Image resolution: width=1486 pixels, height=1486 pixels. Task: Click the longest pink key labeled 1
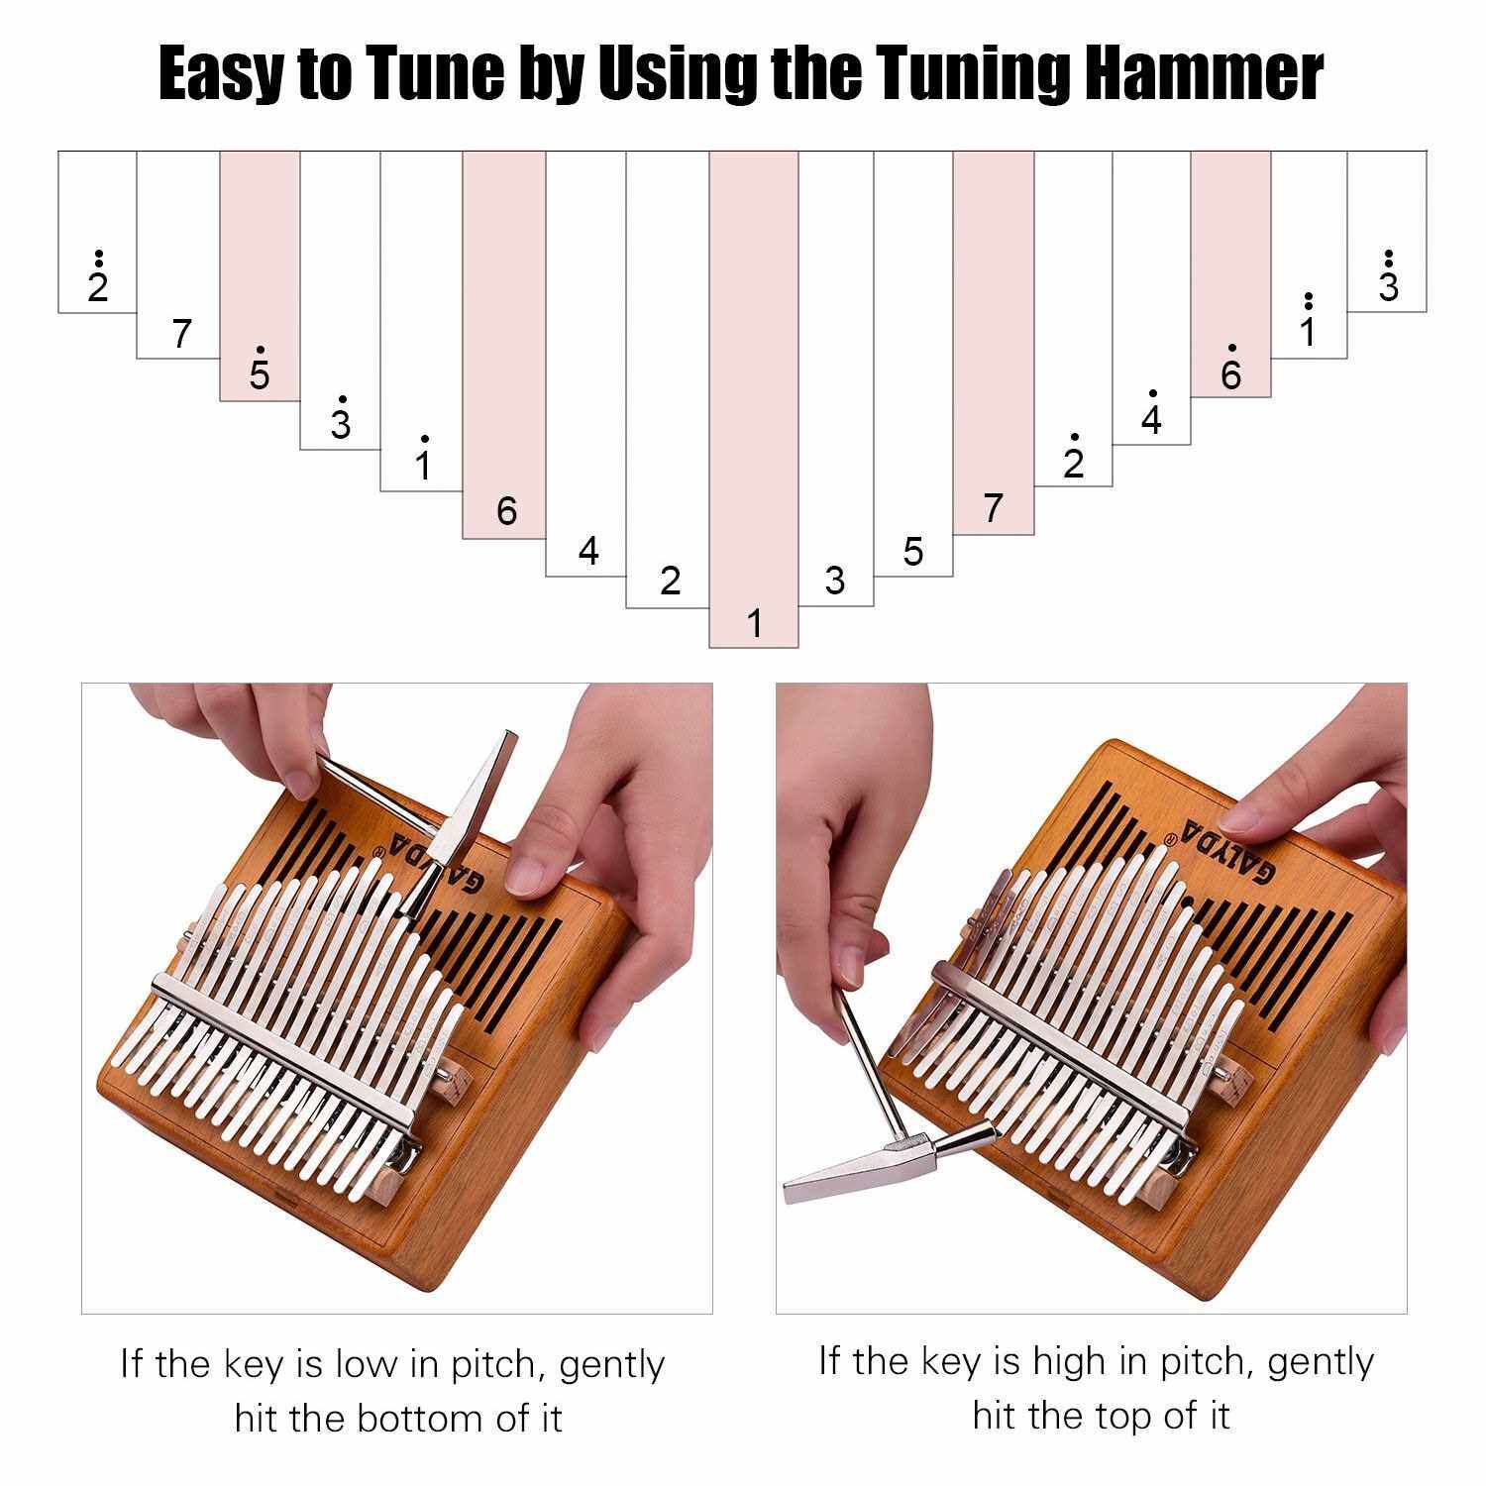[754, 399]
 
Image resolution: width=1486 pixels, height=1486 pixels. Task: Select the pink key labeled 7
[994, 343]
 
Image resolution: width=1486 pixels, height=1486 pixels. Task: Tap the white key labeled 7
[178, 255]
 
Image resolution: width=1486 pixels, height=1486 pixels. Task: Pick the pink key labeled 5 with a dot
[260, 276]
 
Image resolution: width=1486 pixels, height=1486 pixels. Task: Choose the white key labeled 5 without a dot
[913, 364]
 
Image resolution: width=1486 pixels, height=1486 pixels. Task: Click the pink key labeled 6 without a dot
[504, 346]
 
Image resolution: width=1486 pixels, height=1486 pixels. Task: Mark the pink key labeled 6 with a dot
[1230, 274]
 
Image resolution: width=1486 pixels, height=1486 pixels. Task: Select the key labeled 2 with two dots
[97, 232]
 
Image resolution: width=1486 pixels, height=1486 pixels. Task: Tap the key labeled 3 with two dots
[1387, 232]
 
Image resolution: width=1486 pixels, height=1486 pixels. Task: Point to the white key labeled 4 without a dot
[586, 364]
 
